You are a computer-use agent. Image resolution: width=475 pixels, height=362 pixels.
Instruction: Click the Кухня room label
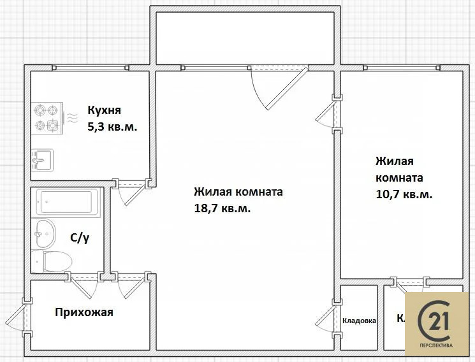point(104,110)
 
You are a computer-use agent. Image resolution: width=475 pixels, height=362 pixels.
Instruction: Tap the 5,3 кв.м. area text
point(112,126)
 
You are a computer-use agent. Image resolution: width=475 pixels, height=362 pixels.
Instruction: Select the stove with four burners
point(48,117)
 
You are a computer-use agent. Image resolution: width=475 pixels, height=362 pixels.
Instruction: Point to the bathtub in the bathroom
point(68,203)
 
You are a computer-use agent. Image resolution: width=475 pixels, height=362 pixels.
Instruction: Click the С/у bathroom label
point(79,238)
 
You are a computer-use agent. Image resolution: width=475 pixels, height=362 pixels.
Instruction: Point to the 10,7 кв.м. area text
point(404,194)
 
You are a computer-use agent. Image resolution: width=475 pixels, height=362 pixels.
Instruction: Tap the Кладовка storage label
point(359,321)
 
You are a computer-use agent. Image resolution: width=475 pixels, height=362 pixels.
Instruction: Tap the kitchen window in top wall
point(91,67)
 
